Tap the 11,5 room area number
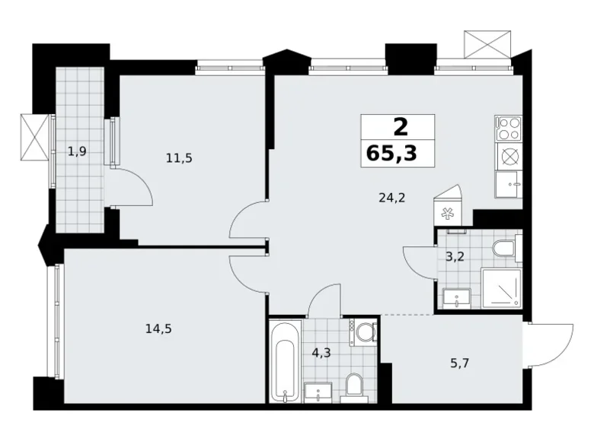pyautogui.click(x=179, y=158)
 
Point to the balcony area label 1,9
pyautogui.click(x=76, y=151)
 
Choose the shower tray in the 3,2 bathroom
pyautogui.click(x=500, y=288)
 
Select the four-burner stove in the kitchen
pyautogui.click(x=508, y=127)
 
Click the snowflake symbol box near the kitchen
pyautogui.click(x=445, y=211)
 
